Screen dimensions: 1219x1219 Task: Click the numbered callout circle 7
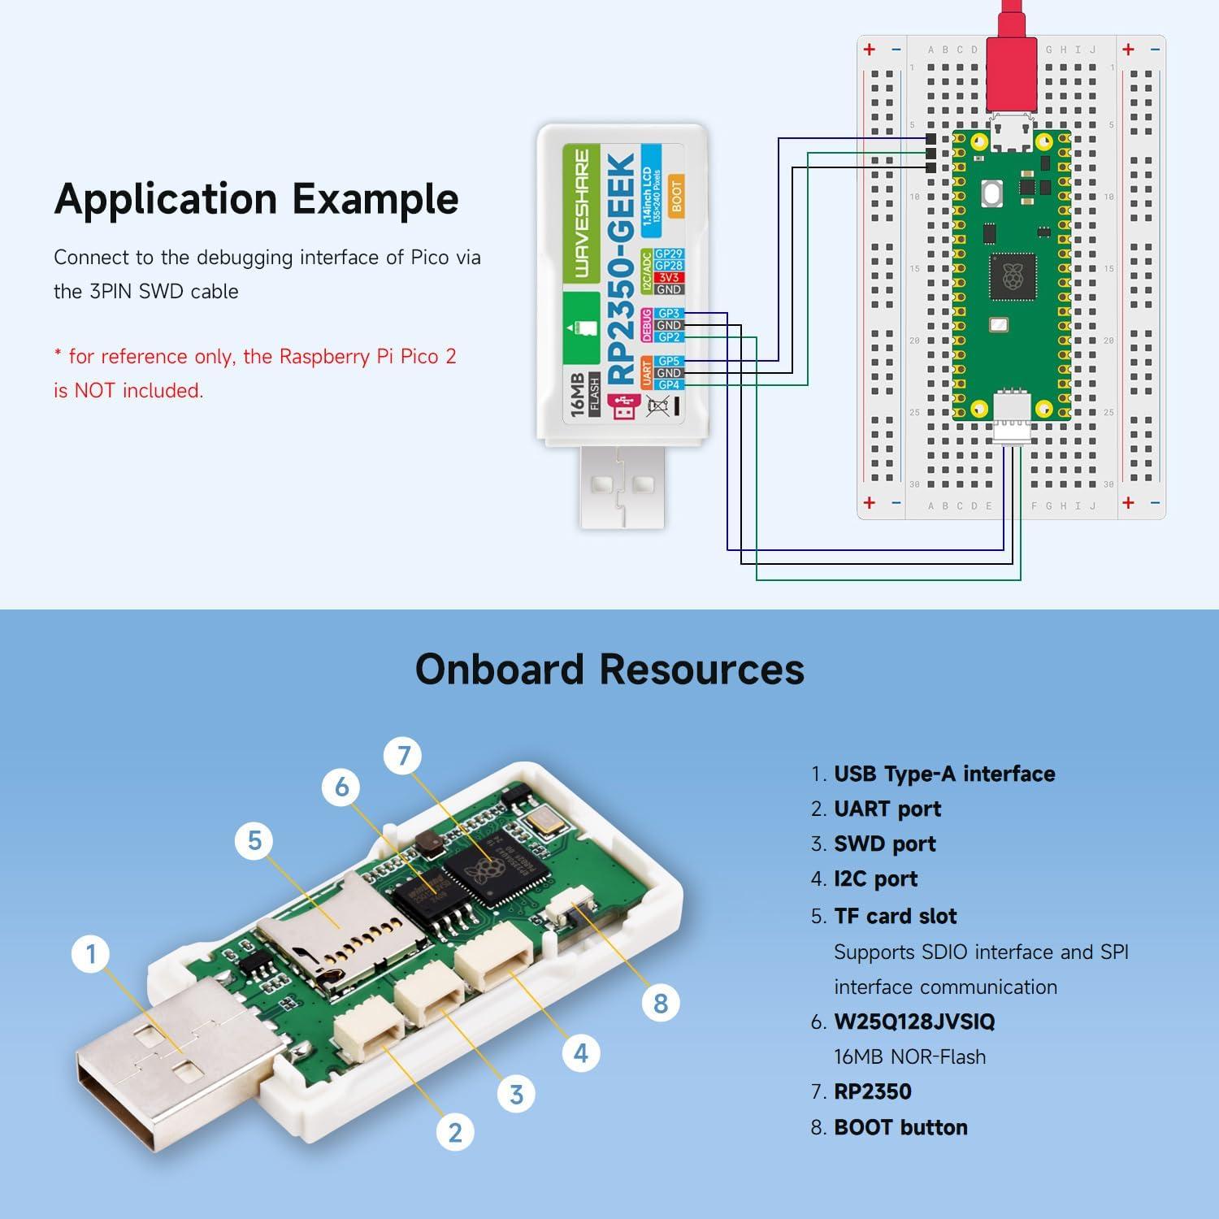pyautogui.click(x=404, y=757)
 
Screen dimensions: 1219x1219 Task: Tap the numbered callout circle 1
pyautogui.click(x=91, y=953)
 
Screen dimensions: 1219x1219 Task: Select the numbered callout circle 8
pyautogui.click(x=660, y=1003)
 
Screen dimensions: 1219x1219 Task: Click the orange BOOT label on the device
pyautogui.click(x=676, y=196)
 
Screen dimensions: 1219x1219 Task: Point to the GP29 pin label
pyautogui.click(x=668, y=254)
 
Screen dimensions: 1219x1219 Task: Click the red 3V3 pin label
pyautogui.click(x=668, y=278)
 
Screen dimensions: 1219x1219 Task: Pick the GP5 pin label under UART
pyautogui.click(x=668, y=362)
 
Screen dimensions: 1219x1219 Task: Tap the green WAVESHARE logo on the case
pyautogui.click(x=581, y=213)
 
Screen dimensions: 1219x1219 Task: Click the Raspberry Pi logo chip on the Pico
pyautogui.click(x=1012, y=276)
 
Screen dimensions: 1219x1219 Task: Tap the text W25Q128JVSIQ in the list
pyautogui.click(x=914, y=1022)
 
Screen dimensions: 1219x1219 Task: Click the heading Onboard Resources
pyautogui.click(x=609, y=670)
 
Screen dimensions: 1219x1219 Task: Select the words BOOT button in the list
pyautogui.click(x=900, y=1127)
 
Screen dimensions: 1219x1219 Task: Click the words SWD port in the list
pyautogui.click(x=884, y=844)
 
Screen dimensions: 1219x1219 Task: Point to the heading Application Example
pyautogui.click(x=256, y=199)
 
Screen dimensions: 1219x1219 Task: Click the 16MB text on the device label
pyautogui.click(x=579, y=396)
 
